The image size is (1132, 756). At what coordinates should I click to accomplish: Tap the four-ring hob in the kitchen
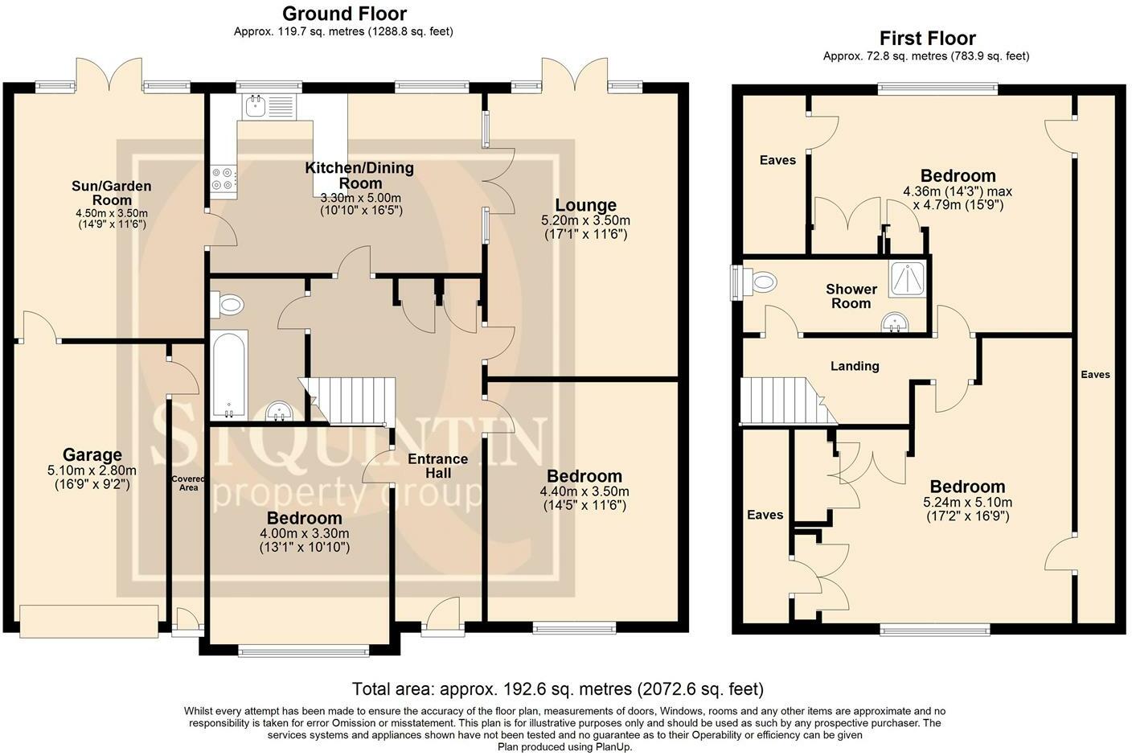coord(224,179)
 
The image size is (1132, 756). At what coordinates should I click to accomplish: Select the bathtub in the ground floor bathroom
coord(229,375)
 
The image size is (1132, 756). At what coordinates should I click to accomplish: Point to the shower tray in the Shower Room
coord(908,278)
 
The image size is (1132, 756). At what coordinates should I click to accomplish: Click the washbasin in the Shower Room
coord(895,323)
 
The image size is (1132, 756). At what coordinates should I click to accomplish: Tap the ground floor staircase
coord(347,401)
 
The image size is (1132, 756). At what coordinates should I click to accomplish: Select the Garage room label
coord(92,454)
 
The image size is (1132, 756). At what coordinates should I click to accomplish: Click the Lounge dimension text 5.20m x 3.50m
coord(586,220)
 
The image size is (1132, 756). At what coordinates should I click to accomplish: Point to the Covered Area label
coord(188,483)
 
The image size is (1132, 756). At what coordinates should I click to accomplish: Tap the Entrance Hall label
coord(437,466)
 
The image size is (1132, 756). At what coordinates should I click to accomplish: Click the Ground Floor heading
coord(344,13)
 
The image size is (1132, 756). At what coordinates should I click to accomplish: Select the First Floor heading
coord(927,39)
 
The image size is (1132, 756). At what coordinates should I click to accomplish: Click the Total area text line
coord(557,688)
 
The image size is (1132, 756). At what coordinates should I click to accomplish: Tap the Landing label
coord(855,366)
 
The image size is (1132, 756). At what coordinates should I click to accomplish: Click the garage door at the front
coord(89,620)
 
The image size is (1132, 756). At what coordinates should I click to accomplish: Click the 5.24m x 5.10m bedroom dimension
coord(967,502)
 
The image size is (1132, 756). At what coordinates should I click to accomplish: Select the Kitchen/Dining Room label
coord(359,175)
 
